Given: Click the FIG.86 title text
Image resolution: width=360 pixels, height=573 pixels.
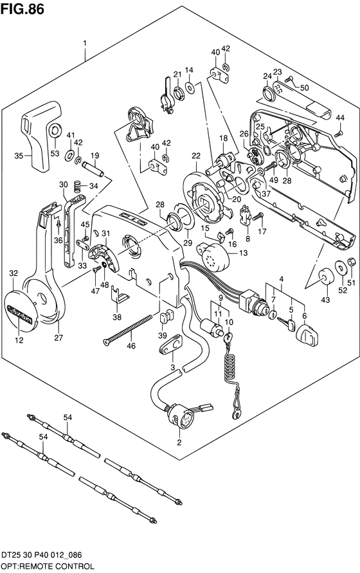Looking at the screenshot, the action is pos(22,9).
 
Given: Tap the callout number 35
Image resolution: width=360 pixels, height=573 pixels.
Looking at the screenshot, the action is pos(19,156).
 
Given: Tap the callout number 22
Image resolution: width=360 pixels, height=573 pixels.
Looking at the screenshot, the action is pos(196,156).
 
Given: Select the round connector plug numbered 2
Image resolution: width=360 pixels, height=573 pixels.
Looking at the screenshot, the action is pos(180,415).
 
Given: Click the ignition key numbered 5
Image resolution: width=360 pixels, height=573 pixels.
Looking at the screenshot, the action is pos(286,324).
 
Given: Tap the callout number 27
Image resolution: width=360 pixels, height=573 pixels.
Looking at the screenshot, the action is pos(59,337).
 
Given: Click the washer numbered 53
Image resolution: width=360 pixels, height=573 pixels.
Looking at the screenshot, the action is pos(55,130).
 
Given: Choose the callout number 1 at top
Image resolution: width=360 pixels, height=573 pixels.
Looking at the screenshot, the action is pos(85,44).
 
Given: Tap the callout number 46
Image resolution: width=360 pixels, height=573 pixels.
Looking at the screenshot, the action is pos(130,345).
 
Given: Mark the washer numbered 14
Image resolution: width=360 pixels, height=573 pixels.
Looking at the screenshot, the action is pos(190,87).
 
